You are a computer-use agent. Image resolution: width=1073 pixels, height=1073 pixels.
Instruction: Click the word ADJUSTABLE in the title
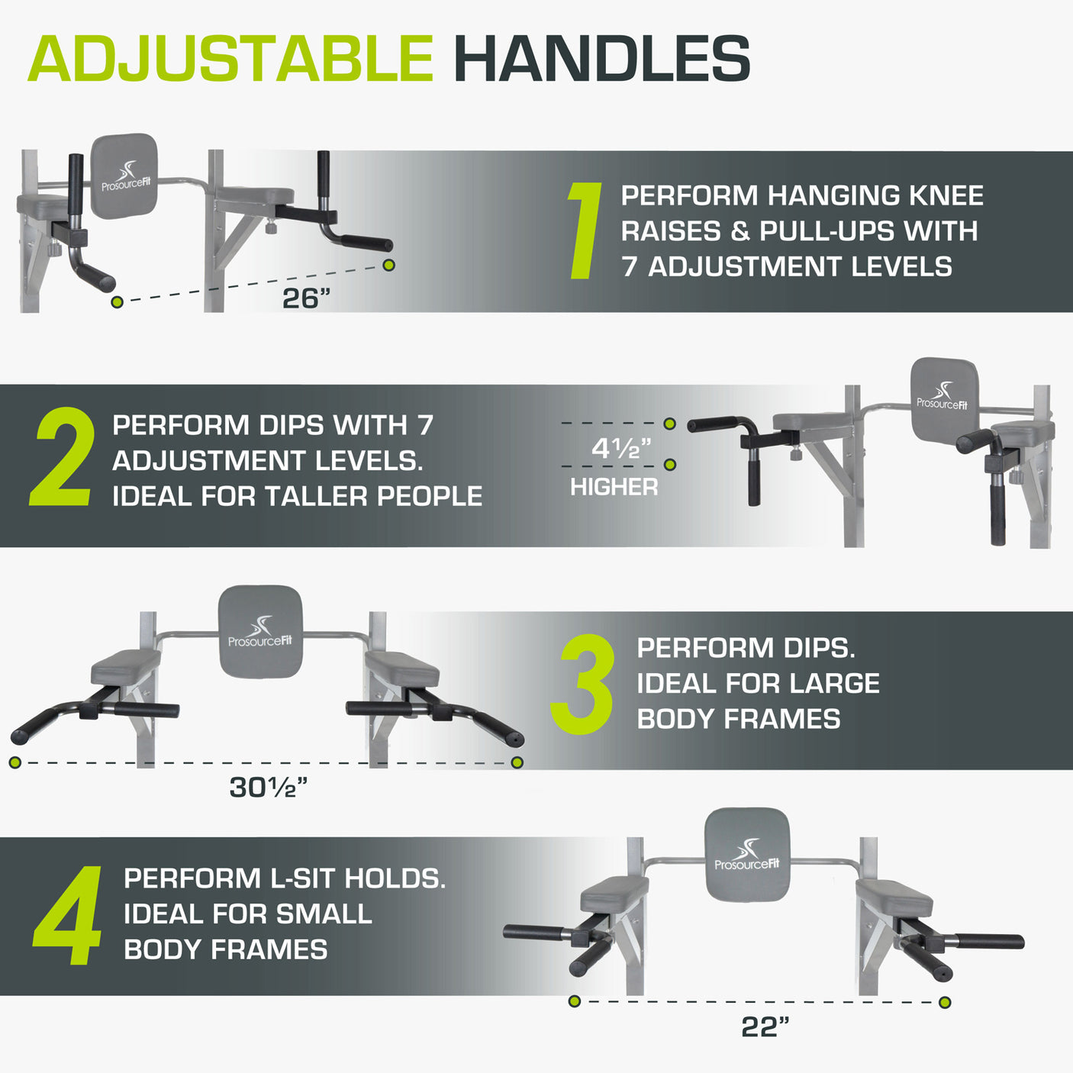pyautogui.click(x=230, y=59)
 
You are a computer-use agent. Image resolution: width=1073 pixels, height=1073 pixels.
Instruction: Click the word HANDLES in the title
pyautogui.click(x=602, y=59)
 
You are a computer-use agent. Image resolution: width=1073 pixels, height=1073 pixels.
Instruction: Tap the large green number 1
pyautogui.click(x=585, y=230)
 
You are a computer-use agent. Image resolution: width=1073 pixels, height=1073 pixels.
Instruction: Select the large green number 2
pyautogui.click(x=61, y=456)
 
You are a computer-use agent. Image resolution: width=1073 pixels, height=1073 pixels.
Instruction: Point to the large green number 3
pyautogui.click(x=582, y=684)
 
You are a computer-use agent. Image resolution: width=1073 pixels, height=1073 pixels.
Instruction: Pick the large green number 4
pyautogui.click(x=67, y=916)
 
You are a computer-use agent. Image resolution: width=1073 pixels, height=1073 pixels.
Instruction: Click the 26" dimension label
pyautogui.click(x=306, y=298)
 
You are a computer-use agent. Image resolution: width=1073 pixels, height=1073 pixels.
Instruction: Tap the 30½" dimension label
pyautogui.click(x=269, y=788)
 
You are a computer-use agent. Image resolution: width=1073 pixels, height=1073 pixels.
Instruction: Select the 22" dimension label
pyautogui.click(x=765, y=1027)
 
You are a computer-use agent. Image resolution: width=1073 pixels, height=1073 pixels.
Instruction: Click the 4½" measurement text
pyautogui.click(x=620, y=448)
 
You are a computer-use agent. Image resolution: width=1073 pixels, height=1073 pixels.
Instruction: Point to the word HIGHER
pyautogui.click(x=614, y=487)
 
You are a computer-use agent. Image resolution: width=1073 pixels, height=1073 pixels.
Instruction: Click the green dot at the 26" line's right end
pyautogui.click(x=388, y=265)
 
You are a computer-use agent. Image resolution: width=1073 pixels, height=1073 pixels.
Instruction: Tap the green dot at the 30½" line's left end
pyautogui.click(x=15, y=762)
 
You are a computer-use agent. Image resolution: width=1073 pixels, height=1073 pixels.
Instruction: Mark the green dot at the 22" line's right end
pyautogui.click(x=944, y=1003)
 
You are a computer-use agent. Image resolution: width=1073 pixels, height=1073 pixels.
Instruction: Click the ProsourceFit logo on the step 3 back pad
pyautogui.click(x=260, y=631)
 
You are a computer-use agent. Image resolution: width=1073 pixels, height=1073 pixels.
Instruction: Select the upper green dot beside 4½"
pyautogui.click(x=670, y=424)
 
